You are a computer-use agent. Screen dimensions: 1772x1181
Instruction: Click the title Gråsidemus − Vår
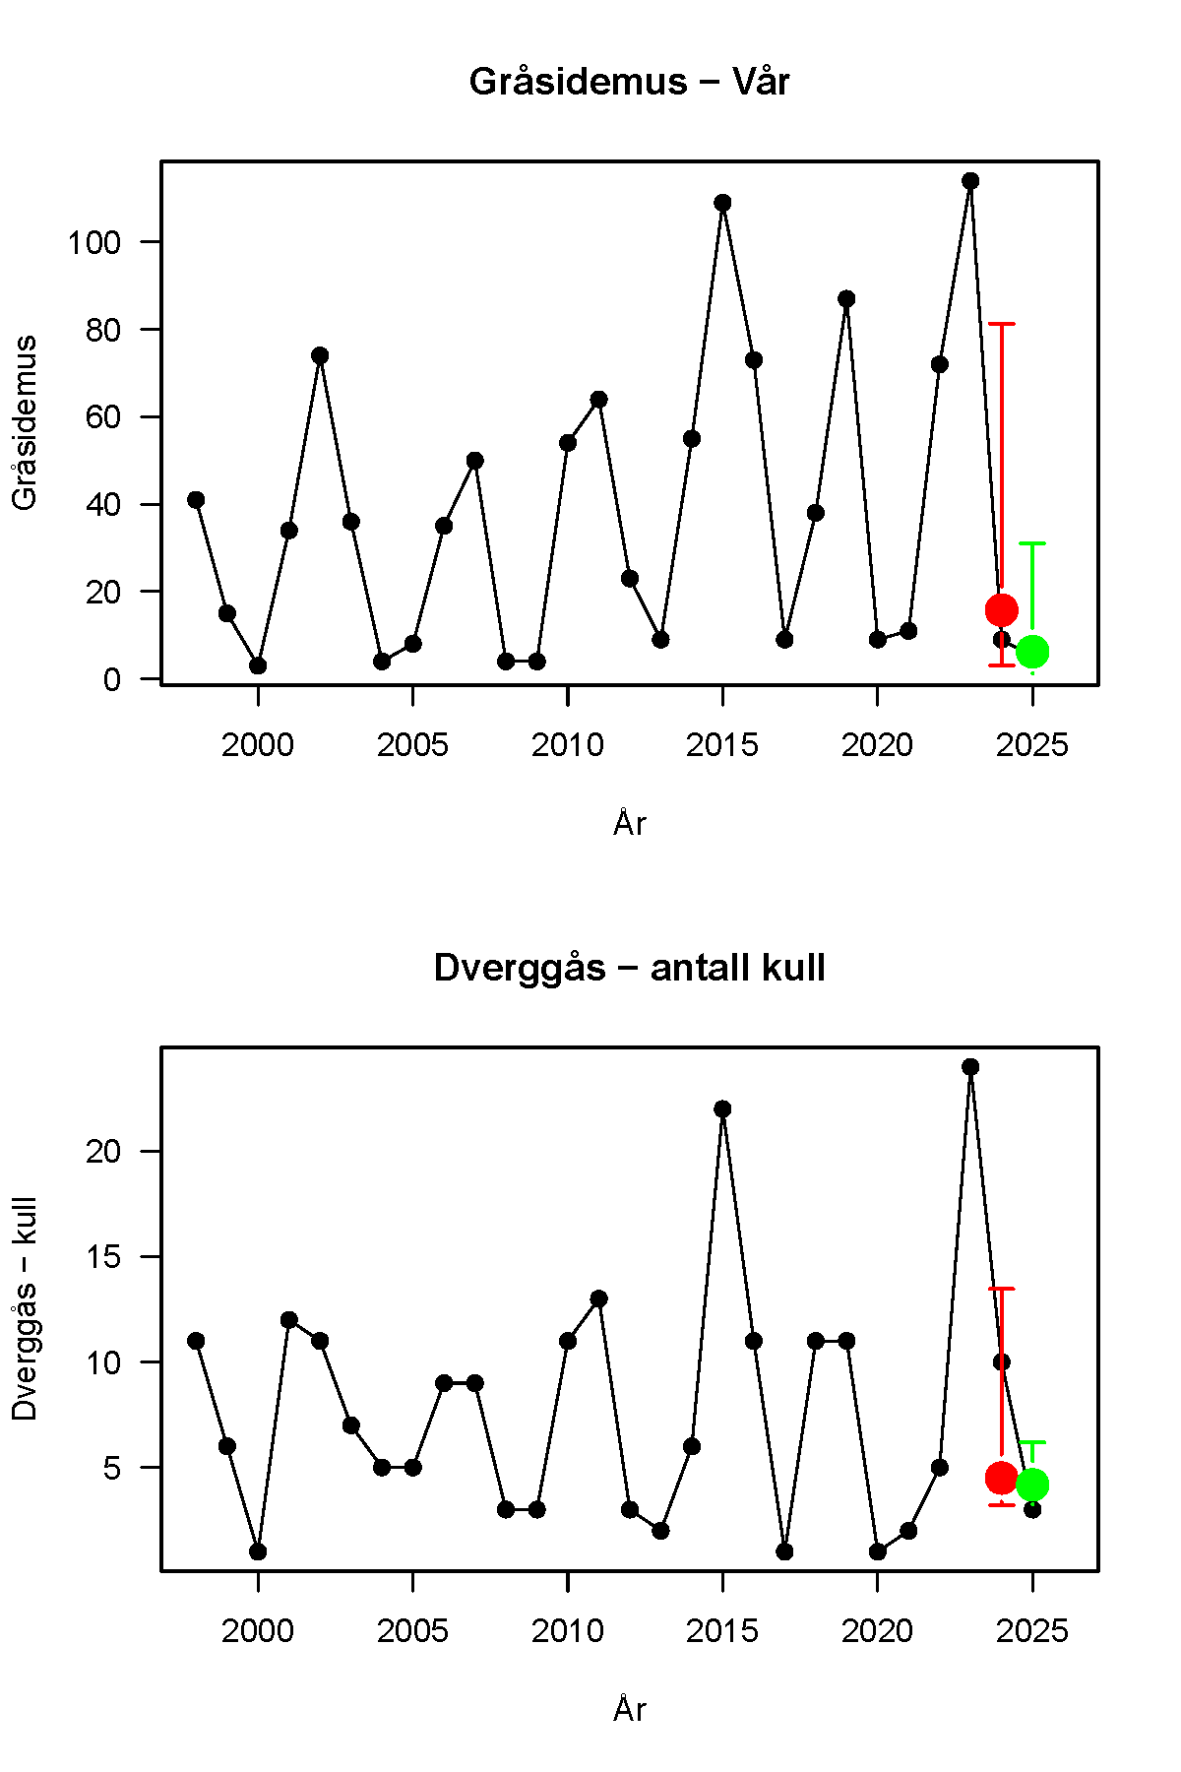[x=629, y=82]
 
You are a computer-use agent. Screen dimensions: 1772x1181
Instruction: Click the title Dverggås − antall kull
[x=629, y=968]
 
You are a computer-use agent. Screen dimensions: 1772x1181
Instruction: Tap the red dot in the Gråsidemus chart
[x=1001, y=610]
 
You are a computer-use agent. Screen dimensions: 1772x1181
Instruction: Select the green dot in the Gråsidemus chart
[x=1032, y=652]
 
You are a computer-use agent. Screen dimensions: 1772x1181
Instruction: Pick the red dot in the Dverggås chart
[x=1001, y=1478]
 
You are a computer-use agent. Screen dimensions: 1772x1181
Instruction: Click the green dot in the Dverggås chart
[x=1032, y=1485]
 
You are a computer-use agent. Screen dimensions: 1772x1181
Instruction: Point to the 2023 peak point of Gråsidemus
[x=970, y=181]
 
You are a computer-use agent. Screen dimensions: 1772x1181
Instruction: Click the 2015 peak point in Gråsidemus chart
[x=722, y=203]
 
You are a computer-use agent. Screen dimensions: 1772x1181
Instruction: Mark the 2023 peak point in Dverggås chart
[x=970, y=1067]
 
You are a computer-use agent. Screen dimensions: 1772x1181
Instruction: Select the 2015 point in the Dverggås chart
[x=722, y=1109]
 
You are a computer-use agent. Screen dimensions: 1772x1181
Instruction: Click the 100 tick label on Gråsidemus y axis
[x=93, y=242]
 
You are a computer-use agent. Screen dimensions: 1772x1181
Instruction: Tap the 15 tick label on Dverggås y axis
[x=102, y=1257]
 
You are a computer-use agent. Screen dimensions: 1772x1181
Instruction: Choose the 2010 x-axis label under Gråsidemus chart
[x=568, y=745]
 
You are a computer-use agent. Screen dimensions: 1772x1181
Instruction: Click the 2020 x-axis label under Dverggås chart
[x=877, y=1631]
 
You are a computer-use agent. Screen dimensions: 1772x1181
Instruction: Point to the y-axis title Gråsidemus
[x=25, y=423]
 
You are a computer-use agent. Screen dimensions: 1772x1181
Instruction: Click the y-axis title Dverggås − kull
[x=25, y=1309]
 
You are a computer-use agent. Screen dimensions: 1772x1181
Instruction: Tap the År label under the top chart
[x=629, y=823]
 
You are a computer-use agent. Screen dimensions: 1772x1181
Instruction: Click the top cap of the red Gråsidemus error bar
[x=1001, y=324]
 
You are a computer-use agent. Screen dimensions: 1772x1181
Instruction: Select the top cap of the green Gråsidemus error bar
[x=1032, y=543]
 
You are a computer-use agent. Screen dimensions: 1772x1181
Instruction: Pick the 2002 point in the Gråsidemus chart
[x=320, y=355]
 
